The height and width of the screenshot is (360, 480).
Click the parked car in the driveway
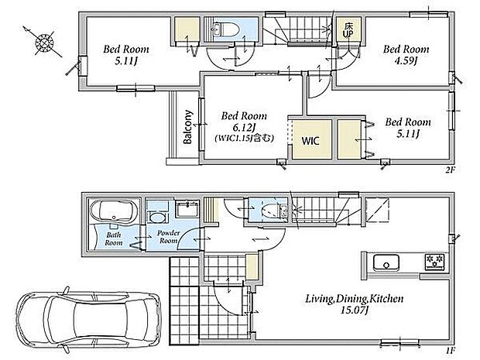coord(89,319)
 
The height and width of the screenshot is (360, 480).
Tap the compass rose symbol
coord(44,42)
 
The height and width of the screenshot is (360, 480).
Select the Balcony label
coord(187,127)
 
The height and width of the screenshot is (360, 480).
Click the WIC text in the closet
coord(310,141)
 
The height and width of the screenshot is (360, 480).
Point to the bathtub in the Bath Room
coord(114,211)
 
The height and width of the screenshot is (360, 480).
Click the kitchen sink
coord(386,263)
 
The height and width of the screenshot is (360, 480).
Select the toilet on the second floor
coord(231,29)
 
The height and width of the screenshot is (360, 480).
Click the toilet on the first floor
coord(273,210)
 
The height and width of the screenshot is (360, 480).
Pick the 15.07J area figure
coord(354,310)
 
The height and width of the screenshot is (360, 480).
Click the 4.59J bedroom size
coord(406,61)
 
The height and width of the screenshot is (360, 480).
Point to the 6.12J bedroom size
coord(243,127)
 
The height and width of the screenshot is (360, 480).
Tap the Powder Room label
coord(168,237)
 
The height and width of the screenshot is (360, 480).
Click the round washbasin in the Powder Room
coord(157,218)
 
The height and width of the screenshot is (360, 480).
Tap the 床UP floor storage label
coord(348,30)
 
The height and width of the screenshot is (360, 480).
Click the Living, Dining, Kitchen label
coord(354,299)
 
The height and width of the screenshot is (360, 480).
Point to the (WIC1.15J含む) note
coord(244,139)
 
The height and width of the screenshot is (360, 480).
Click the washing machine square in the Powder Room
coord(187,208)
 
